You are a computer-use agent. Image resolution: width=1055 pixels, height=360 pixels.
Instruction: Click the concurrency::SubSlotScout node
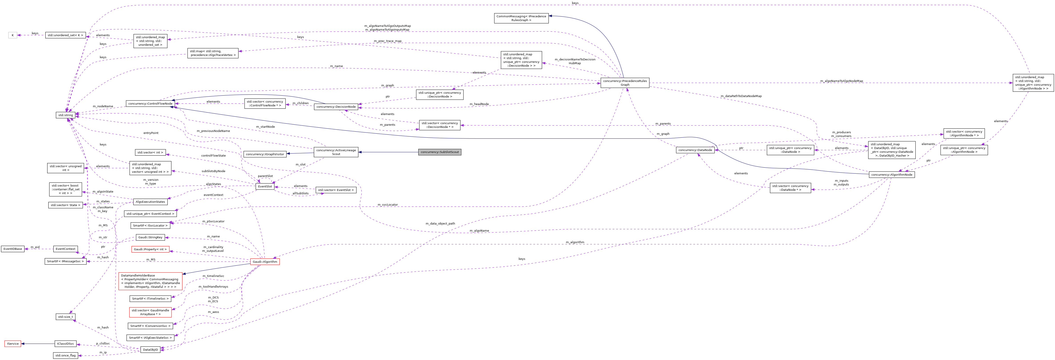[x=440, y=152]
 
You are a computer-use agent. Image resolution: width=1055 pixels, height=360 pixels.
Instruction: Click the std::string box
[x=66, y=115]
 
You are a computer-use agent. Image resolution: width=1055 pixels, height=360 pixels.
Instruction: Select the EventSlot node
[x=265, y=186]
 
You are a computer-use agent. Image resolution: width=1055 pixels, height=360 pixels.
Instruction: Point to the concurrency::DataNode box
[x=695, y=150]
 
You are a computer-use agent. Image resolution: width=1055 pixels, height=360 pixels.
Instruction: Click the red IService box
[x=13, y=344]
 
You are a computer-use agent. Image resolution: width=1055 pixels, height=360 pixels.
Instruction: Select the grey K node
[x=13, y=35]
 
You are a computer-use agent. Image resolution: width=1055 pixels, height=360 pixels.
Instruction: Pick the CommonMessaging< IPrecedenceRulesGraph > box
[x=521, y=18]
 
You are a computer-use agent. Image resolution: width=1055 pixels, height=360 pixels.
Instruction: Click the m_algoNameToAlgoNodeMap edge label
[x=841, y=81]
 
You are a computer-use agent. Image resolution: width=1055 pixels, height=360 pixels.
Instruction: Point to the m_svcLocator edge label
[x=388, y=205]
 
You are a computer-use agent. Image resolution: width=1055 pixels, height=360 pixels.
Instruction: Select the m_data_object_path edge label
[x=440, y=224]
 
